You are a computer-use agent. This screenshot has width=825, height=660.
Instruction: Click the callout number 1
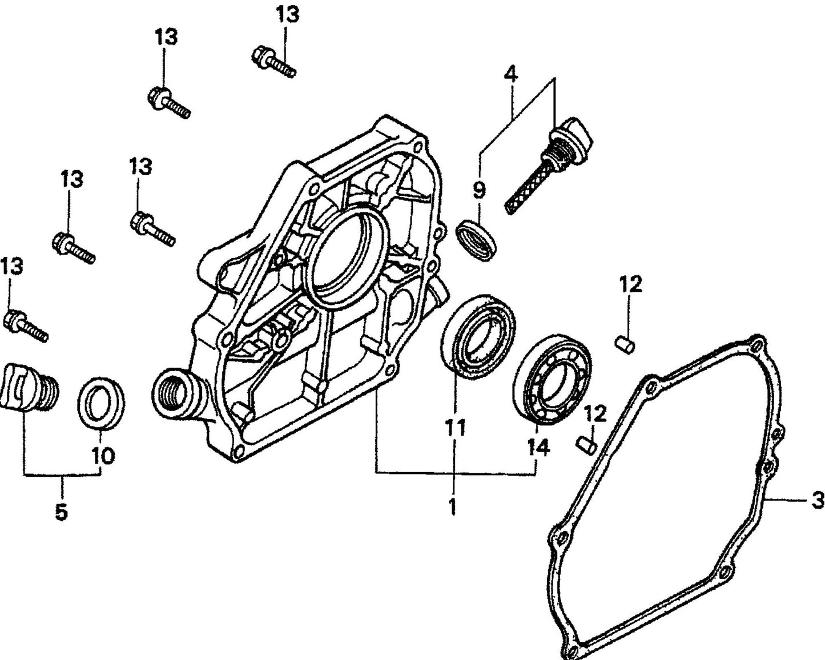453,506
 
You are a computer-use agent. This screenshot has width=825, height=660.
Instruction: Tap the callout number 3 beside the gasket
817,500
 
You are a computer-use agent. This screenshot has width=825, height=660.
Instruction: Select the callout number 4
511,74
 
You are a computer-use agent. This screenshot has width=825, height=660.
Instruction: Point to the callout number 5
61,512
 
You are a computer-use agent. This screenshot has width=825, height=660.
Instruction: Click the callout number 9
478,189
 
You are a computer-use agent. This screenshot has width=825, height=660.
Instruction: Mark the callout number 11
456,426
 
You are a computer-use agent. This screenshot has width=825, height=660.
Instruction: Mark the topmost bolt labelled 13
273,62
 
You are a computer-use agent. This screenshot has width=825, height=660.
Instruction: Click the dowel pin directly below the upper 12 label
625,344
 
